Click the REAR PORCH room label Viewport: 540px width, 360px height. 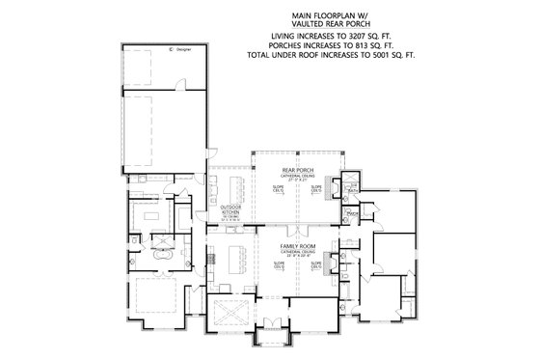tap(294, 170)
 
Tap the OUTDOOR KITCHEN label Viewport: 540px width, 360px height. tap(230, 209)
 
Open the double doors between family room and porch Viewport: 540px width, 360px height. tap(294, 226)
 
